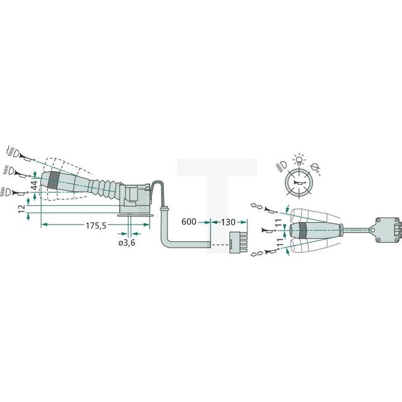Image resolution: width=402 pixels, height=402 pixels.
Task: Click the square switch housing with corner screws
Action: point(387,229)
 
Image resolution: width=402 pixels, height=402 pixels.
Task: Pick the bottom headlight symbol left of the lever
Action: point(11,190)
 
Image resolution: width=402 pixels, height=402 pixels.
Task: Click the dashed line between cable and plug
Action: point(219,245)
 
